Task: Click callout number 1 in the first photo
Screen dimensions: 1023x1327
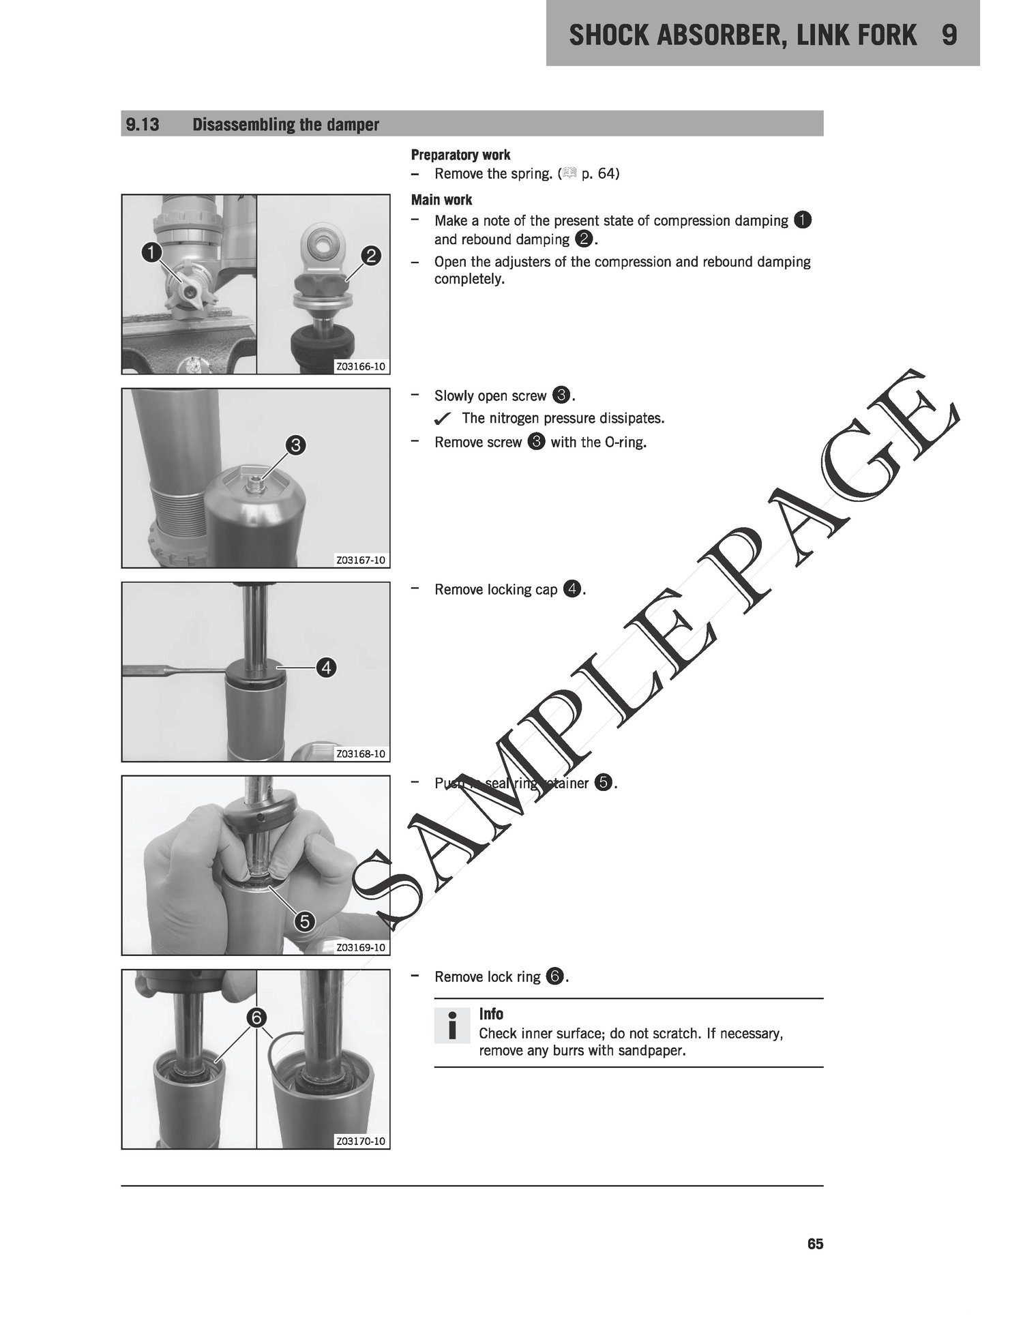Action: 151,253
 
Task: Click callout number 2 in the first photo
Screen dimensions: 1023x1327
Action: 371,256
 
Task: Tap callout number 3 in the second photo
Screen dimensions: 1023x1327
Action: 295,446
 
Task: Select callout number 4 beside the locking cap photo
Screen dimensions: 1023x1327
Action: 327,668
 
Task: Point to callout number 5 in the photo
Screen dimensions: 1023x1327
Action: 305,922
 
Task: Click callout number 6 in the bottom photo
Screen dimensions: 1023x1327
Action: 256,1018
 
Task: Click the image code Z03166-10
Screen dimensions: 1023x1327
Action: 361,367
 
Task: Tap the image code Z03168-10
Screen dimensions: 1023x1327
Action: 361,754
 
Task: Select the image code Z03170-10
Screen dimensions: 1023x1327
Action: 361,1142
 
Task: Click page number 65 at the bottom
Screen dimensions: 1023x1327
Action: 815,1244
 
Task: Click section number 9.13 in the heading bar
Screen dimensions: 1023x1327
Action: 143,125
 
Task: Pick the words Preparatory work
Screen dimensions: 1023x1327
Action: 460,155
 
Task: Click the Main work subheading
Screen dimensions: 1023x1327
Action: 441,200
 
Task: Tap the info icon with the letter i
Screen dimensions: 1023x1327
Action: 451,1026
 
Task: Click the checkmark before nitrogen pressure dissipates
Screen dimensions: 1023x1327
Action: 443,418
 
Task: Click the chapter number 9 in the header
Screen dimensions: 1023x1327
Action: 949,35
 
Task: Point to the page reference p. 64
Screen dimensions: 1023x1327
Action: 600,174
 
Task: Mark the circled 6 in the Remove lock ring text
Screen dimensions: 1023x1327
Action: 554,977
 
